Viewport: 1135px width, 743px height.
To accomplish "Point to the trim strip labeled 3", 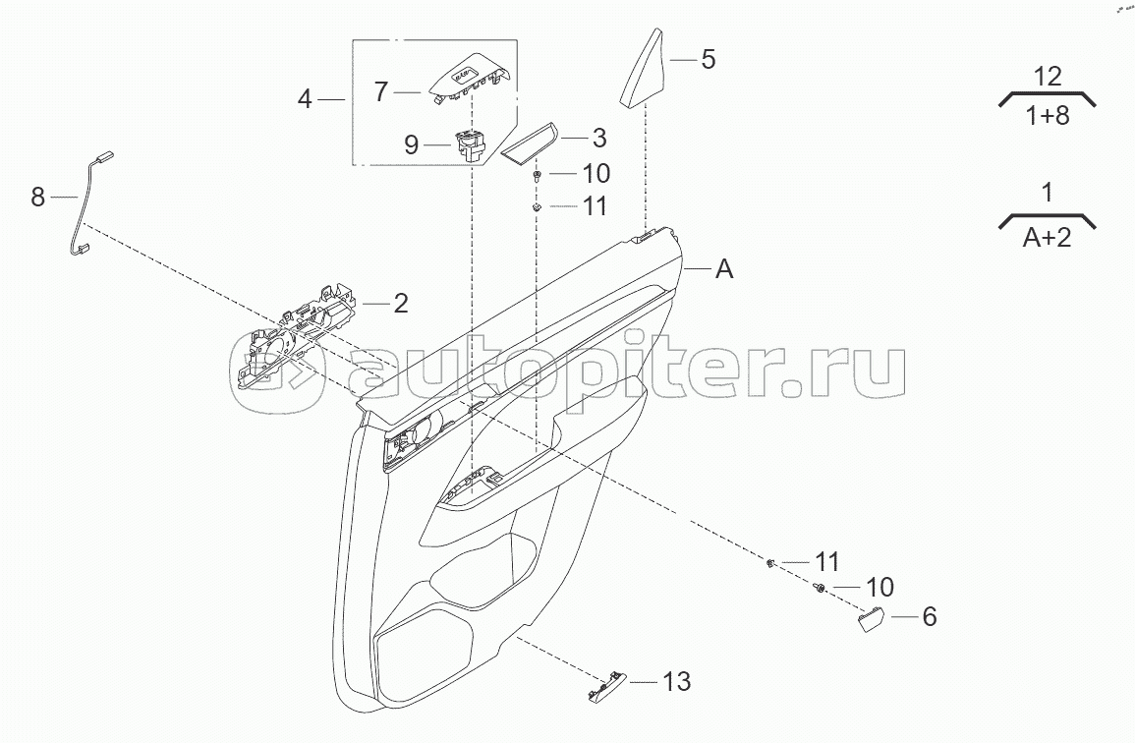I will [528, 144].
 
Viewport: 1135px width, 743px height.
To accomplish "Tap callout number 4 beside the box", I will [306, 99].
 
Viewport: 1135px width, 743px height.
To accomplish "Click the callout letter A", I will [724, 268].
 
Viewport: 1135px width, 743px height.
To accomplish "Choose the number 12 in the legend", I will [1048, 76].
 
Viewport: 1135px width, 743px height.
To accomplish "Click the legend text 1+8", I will [1048, 114].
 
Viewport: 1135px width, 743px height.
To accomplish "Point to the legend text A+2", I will [1048, 237].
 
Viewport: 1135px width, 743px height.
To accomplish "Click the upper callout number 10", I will [596, 174].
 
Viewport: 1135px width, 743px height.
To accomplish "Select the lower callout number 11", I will [826, 561].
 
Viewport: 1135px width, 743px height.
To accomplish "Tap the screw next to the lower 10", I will [818, 588].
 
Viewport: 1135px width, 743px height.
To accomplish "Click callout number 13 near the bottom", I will [676, 680].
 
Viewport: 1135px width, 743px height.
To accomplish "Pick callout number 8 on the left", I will [38, 198].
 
